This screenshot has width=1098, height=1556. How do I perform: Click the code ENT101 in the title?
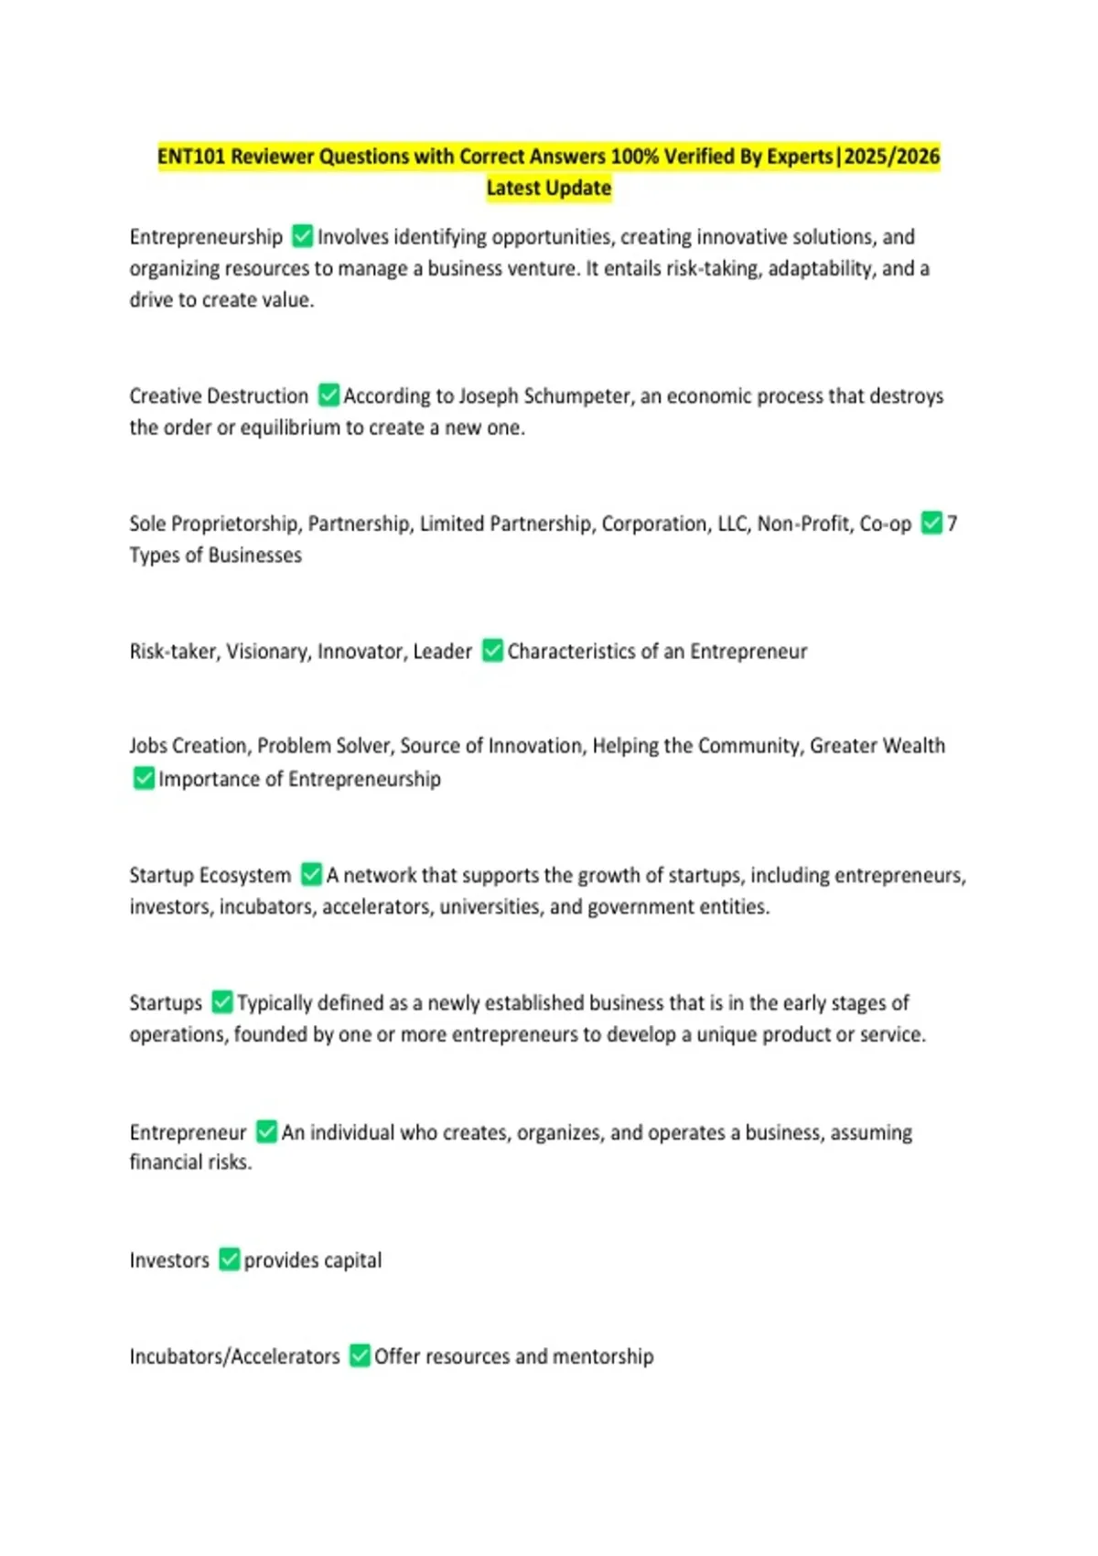click(x=191, y=157)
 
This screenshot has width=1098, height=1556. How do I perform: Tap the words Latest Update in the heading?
click(x=549, y=189)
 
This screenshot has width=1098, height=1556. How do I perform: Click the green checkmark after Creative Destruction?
click(x=328, y=395)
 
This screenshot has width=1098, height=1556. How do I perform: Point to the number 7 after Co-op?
click(x=953, y=524)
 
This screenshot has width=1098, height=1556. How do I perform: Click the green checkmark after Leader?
click(x=492, y=651)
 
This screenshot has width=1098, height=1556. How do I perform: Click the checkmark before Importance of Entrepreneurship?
click(x=144, y=779)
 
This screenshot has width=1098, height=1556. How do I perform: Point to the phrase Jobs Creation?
click(x=188, y=746)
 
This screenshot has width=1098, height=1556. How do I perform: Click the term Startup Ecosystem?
click(x=210, y=875)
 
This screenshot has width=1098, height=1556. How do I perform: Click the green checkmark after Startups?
click(x=221, y=1002)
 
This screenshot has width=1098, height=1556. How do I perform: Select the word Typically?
click(x=274, y=1003)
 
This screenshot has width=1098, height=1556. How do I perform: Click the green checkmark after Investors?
click(x=229, y=1259)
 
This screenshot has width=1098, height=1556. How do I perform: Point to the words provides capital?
click(x=313, y=1260)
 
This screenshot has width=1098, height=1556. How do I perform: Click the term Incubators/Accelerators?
click(x=234, y=1356)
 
